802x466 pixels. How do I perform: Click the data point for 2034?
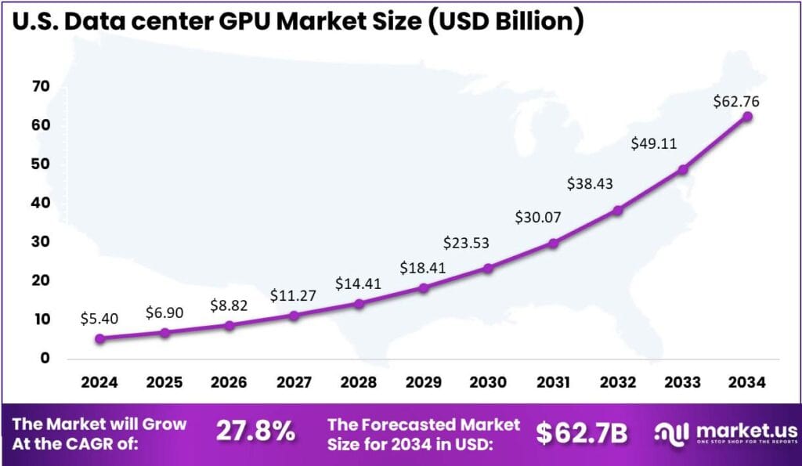[x=747, y=116]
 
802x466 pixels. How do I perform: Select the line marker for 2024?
[x=99, y=338]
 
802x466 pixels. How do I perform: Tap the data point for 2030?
[x=488, y=268]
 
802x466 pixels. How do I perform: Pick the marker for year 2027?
[x=294, y=316]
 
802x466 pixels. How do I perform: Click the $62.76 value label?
[x=736, y=101]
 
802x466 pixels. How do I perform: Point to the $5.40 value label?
[x=99, y=319]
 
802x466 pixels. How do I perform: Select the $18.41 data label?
[x=423, y=267]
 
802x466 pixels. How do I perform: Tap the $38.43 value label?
[x=591, y=183]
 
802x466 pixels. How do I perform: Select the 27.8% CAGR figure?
[x=255, y=432]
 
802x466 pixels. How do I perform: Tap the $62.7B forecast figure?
[x=582, y=433]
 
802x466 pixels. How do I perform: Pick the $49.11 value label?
[x=654, y=144]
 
